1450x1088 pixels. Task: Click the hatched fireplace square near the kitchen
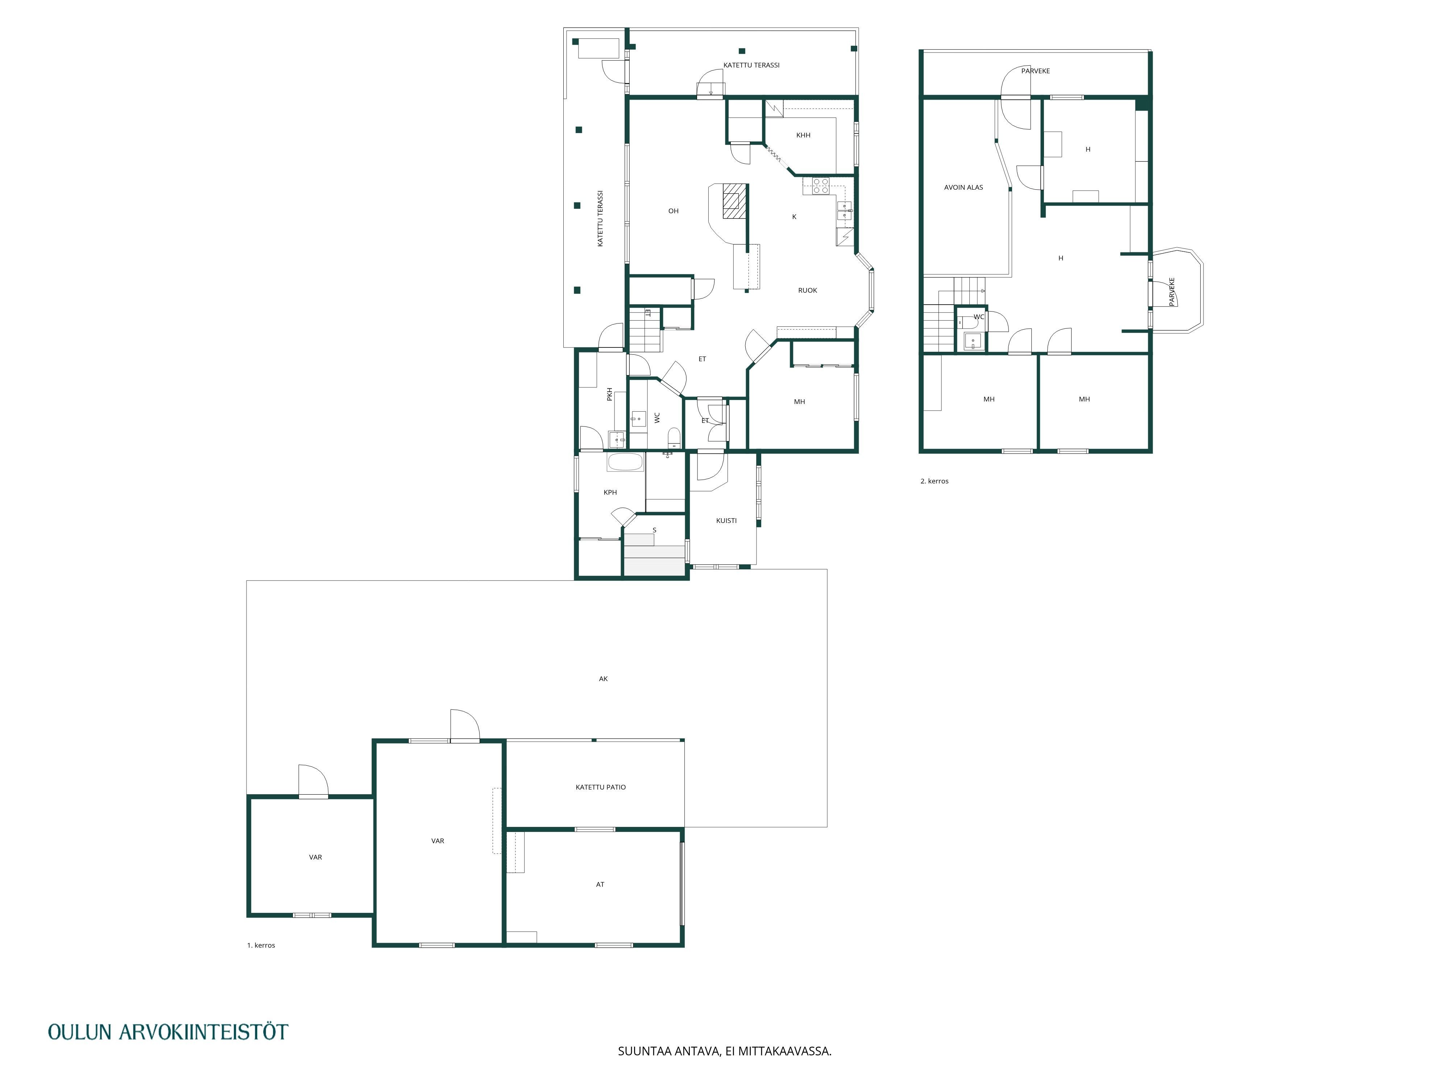735,201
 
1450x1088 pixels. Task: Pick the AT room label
600,885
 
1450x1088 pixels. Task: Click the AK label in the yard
603,679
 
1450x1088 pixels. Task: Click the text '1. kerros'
261,945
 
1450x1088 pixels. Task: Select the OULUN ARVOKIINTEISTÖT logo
168,1031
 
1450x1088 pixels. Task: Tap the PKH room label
610,394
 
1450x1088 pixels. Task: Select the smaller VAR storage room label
315,857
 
